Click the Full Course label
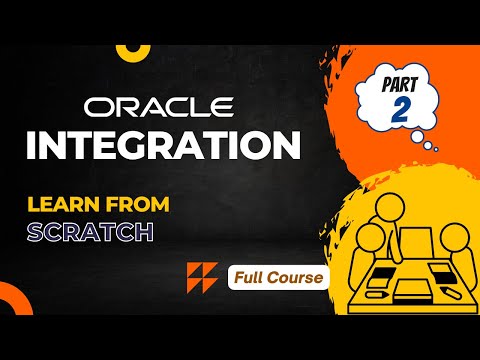[279, 275]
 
